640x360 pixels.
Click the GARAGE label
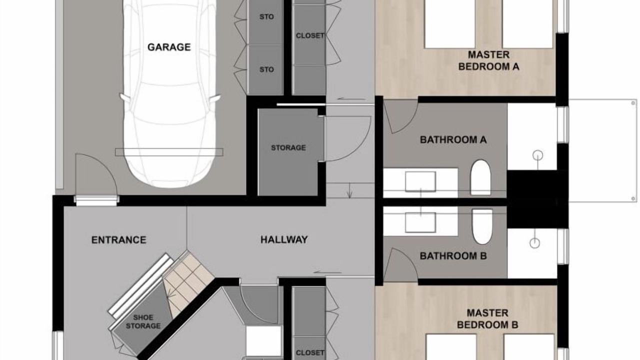(x=169, y=47)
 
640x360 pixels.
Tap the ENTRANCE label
(x=118, y=239)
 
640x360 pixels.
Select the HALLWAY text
(x=284, y=239)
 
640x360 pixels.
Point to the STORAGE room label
(x=288, y=147)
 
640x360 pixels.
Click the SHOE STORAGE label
(x=143, y=321)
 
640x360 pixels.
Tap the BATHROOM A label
(x=453, y=139)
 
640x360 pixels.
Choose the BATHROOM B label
(x=453, y=255)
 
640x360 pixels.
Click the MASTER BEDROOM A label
(x=488, y=60)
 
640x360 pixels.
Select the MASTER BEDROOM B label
(x=487, y=319)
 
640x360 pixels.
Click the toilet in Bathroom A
(x=480, y=177)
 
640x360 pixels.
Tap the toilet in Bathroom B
(x=482, y=226)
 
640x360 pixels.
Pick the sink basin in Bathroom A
(x=420, y=181)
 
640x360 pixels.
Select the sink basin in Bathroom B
(x=420, y=222)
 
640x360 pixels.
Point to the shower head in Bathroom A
(x=537, y=155)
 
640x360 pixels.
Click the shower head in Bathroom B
(x=534, y=243)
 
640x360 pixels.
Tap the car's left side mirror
(x=124, y=97)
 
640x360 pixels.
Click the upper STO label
(x=266, y=17)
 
